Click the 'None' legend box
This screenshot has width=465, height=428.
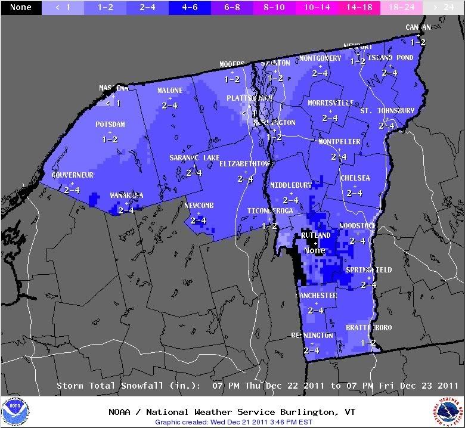[x=21, y=8]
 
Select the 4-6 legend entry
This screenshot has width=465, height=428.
[x=190, y=8]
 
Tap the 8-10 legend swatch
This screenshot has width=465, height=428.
[x=274, y=8]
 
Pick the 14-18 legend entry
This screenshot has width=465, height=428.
[x=359, y=8]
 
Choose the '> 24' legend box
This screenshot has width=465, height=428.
[x=443, y=8]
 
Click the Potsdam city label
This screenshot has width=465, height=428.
[x=110, y=125]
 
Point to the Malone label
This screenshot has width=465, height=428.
[x=170, y=91]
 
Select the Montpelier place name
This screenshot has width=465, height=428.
[x=339, y=142]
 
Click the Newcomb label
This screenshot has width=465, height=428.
[x=199, y=206]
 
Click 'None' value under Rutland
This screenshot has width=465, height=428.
[x=314, y=251]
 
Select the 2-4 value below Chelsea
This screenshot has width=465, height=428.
[x=355, y=193]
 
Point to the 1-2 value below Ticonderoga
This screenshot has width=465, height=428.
[x=270, y=226]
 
